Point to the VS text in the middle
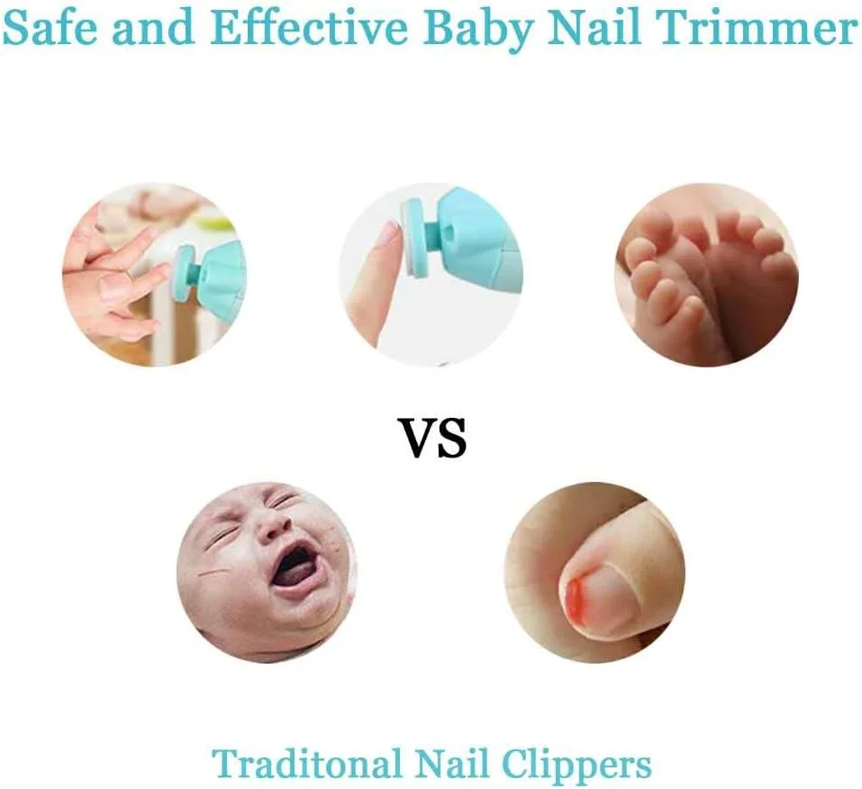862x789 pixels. tap(432, 439)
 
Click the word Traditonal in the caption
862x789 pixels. tap(306, 765)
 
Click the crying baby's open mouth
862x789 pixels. tap(295, 567)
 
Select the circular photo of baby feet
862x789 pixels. tap(706, 275)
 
